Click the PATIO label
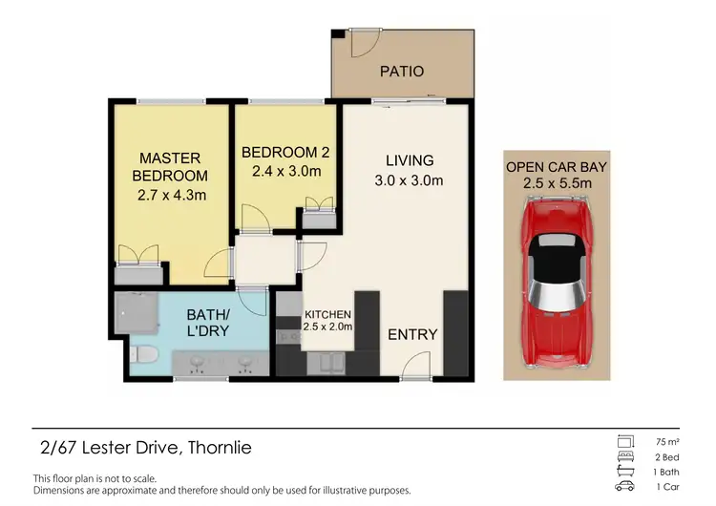coord(401,72)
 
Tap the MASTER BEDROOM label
coord(171,167)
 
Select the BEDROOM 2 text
coord(285,153)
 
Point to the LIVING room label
coord(409,160)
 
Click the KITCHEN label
coord(327,314)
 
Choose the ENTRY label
coord(412,334)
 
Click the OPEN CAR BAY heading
coord(557,166)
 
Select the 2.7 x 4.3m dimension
coord(172,196)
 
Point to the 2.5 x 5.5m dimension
coord(557,183)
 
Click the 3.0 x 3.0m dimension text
coord(410,179)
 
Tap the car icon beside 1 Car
coord(625,487)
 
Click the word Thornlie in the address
coord(221,448)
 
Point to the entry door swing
coord(415,364)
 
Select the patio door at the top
coord(364,44)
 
